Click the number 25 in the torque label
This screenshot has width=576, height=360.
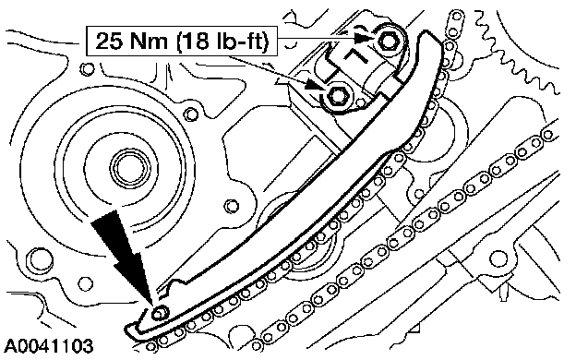coord(109,42)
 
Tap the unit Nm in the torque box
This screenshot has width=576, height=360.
coord(149,42)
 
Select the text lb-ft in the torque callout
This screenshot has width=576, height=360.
coord(235,42)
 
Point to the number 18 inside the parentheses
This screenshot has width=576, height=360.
coord(194,42)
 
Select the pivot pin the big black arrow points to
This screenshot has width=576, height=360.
coord(160,313)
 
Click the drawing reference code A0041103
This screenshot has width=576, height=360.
coord(49,346)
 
